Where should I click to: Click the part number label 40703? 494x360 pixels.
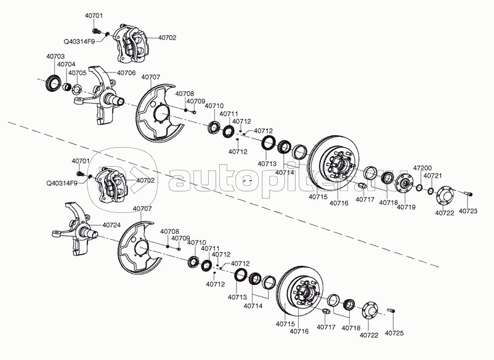click(x=55, y=57)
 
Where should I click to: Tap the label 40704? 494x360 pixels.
click(x=67, y=65)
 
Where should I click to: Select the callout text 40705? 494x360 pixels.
click(x=77, y=73)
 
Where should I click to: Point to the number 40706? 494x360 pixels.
click(x=126, y=73)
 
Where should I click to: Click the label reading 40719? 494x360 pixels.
click(x=406, y=207)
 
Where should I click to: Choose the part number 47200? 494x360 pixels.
click(x=423, y=168)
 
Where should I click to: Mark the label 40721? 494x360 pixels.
click(x=433, y=176)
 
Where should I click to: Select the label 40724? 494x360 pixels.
click(x=111, y=225)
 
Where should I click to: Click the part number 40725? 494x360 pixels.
click(x=394, y=333)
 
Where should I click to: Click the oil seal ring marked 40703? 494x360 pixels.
click(x=53, y=83)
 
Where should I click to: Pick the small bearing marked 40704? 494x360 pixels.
click(x=67, y=87)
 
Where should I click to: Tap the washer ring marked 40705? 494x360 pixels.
click(x=78, y=90)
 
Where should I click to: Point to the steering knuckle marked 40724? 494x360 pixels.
click(x=77, y=230)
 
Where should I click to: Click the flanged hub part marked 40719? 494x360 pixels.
click(x=404, y=183)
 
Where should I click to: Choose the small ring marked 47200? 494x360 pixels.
click(x=419, y=188)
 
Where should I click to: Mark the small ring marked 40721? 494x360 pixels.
click(x=431, y=191)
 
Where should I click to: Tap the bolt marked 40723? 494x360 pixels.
click(x=469, y=194)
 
